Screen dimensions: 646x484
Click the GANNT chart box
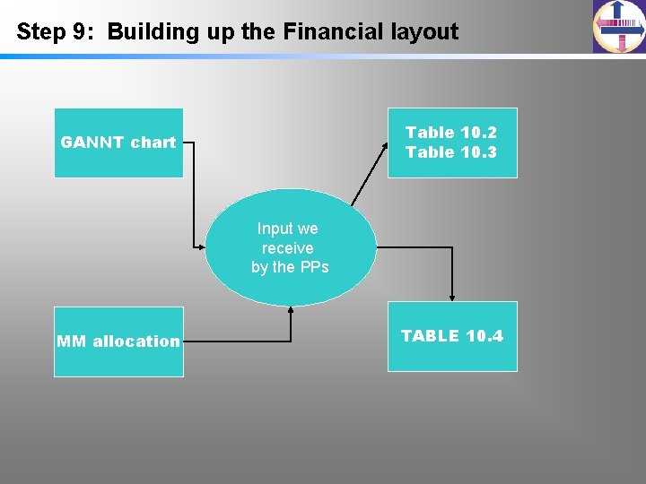pyautogui.click(x=118, y=143)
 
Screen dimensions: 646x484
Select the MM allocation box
pyautogui.click(x=118, y=341)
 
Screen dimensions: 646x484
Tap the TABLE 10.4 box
pyautogui.click(x=452, y=336)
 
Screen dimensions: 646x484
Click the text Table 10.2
pyautogui.click(x=450, y=133)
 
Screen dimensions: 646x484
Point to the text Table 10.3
pyautogui.click(x=450, y=152)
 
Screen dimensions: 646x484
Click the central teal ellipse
pyautogui.click(x=290, y=248)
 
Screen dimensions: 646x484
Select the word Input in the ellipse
pyautogui.click(x=274, y=229)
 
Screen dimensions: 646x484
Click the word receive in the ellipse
pyautogui.click(x=288, y=248)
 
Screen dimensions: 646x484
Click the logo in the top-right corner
pyautogui.click(x=618, y=27)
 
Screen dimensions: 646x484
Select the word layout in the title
pyautogui.click(x=424, y=32)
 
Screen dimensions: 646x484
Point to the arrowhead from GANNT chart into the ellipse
pyautogui.click(x=201, y=246)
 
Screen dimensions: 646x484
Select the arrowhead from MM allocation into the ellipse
pyautogui.click(x=291, y=309)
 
